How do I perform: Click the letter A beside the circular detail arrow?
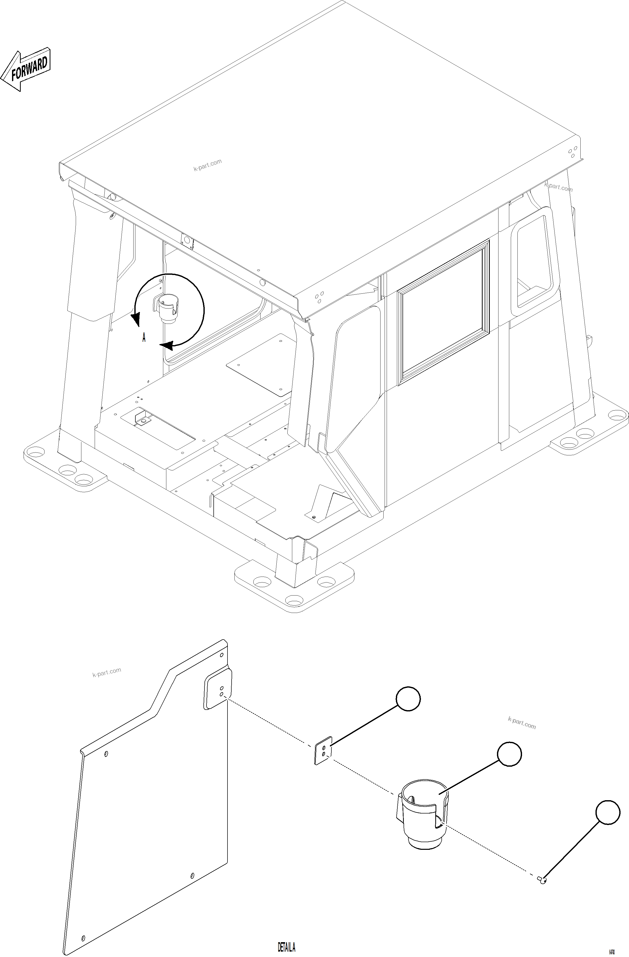[144, 337]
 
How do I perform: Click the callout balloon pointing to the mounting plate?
[408, 699]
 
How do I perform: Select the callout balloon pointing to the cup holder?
[509, 754]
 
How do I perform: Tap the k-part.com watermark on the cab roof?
[208, 165]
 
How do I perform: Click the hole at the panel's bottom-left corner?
[83, 926]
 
